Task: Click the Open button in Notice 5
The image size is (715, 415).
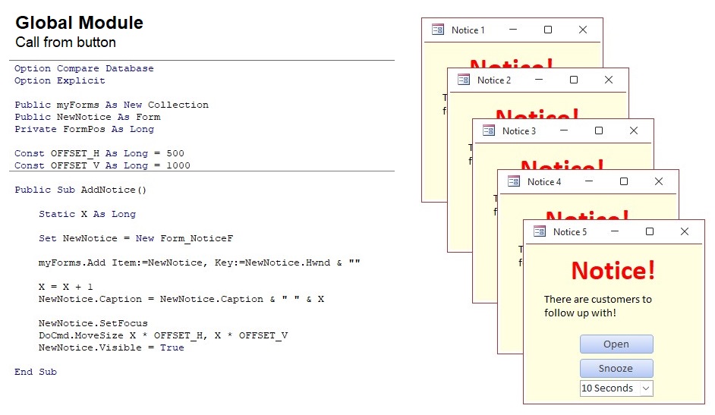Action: (x=616, y=344)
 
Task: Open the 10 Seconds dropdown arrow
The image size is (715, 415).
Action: (x=646, y=388)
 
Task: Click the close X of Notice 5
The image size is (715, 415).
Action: (x=684, y=231)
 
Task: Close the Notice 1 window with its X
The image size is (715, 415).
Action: (x=582, y=30)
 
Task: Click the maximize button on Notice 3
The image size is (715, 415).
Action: (x=598, y=130)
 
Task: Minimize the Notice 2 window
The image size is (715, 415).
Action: (x=539, y=80)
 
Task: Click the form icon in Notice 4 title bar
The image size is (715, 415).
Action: (x=514, y=181)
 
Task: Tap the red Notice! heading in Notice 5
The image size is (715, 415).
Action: (x=613, y=270)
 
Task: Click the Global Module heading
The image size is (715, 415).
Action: (x=79, y=23)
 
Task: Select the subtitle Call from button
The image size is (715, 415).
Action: (x=65, y=42)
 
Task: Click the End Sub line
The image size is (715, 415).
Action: (x=36, y=372)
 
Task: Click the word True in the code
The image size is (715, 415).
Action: (x=172, y=347)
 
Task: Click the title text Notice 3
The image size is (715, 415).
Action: (x=519, y=130)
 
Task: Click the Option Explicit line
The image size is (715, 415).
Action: (x=60, y=80)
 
